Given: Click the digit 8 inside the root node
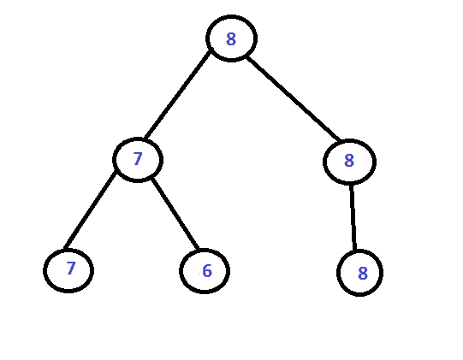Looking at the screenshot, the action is tap(231, 38).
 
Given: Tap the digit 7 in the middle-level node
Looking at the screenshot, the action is tap(138, 159).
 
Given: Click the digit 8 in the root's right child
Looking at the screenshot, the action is tap(349, 161).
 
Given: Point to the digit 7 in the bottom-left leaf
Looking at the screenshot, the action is tap(71, 269).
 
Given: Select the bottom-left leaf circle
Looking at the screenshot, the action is tap(45, 270).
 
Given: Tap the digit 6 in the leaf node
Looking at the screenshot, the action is tap(207, 271).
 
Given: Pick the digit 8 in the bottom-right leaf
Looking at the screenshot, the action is tap(363, 274).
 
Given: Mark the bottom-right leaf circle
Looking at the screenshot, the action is tap(339, 273).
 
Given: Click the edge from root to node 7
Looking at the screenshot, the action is tap(177, 95).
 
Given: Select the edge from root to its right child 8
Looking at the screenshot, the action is tap(294, 98).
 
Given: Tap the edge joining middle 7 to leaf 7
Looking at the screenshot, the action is tap(91, 210).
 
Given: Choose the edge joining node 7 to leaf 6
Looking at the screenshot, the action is tap(175, 214).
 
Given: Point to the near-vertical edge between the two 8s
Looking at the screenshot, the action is tap(353, 218).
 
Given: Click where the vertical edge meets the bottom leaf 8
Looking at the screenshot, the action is tap(354, 251).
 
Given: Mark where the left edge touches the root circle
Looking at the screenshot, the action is tap(211, 52).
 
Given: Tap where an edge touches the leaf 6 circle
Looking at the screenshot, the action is tap(198, 249).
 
